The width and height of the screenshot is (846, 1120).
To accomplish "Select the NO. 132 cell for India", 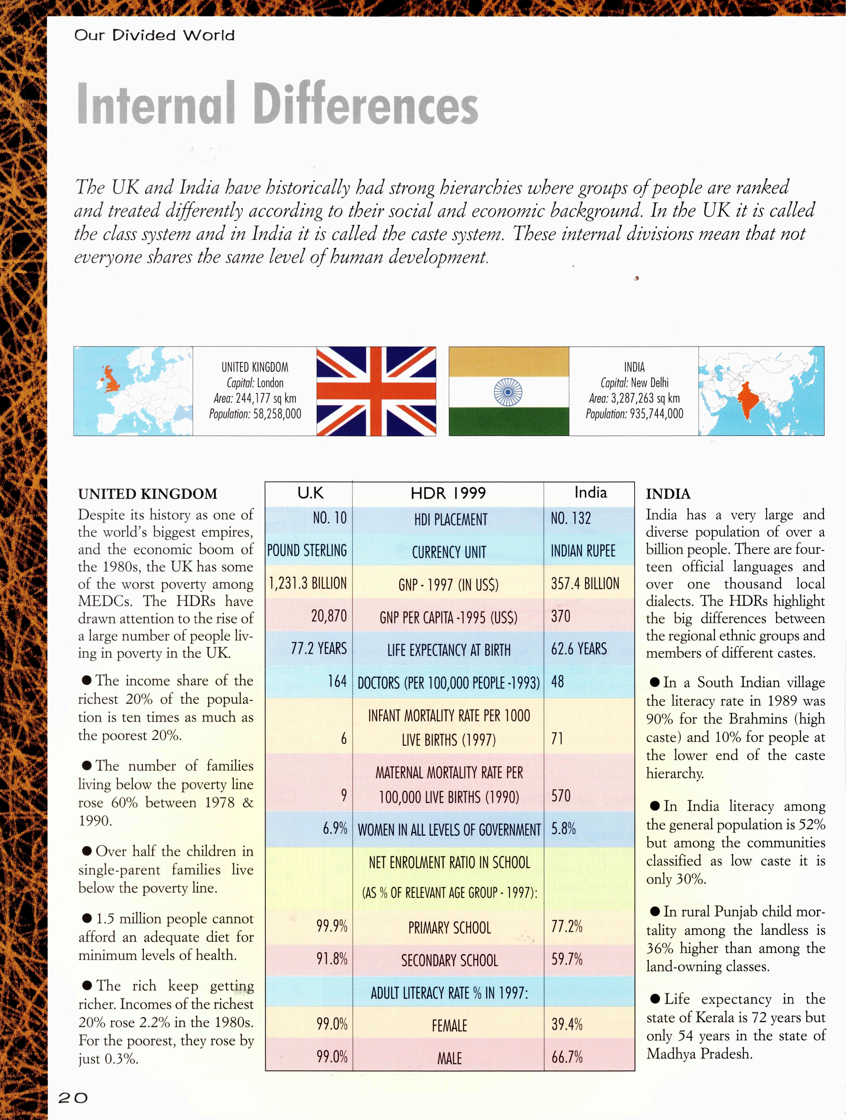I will [x=571, y=518].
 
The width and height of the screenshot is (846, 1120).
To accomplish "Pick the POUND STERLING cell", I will [x=307, y=550].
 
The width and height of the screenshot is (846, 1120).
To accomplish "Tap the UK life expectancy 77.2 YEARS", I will [x=319, y=649].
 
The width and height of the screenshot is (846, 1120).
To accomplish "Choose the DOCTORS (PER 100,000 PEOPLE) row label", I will [x=448, y=683].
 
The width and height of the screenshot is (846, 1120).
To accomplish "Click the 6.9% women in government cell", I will [x=335, y=829].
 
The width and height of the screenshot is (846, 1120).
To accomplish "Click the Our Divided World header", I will [x=154, y=35].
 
